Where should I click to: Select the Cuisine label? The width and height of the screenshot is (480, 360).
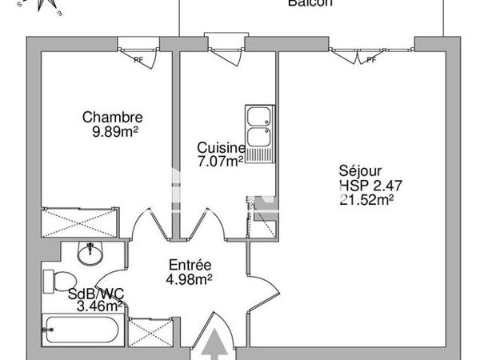click(221, 148)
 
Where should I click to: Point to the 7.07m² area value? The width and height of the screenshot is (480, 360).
click(220, 161)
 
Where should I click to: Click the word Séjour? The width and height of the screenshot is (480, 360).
click(360, 171)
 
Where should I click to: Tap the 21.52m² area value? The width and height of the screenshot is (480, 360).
click(367, 200)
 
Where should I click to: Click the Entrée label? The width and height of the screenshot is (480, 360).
click(190, 266)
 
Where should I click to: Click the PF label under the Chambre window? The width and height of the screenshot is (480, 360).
click(138, 59)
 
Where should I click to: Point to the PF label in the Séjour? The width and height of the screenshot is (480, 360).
click(370, 59)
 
